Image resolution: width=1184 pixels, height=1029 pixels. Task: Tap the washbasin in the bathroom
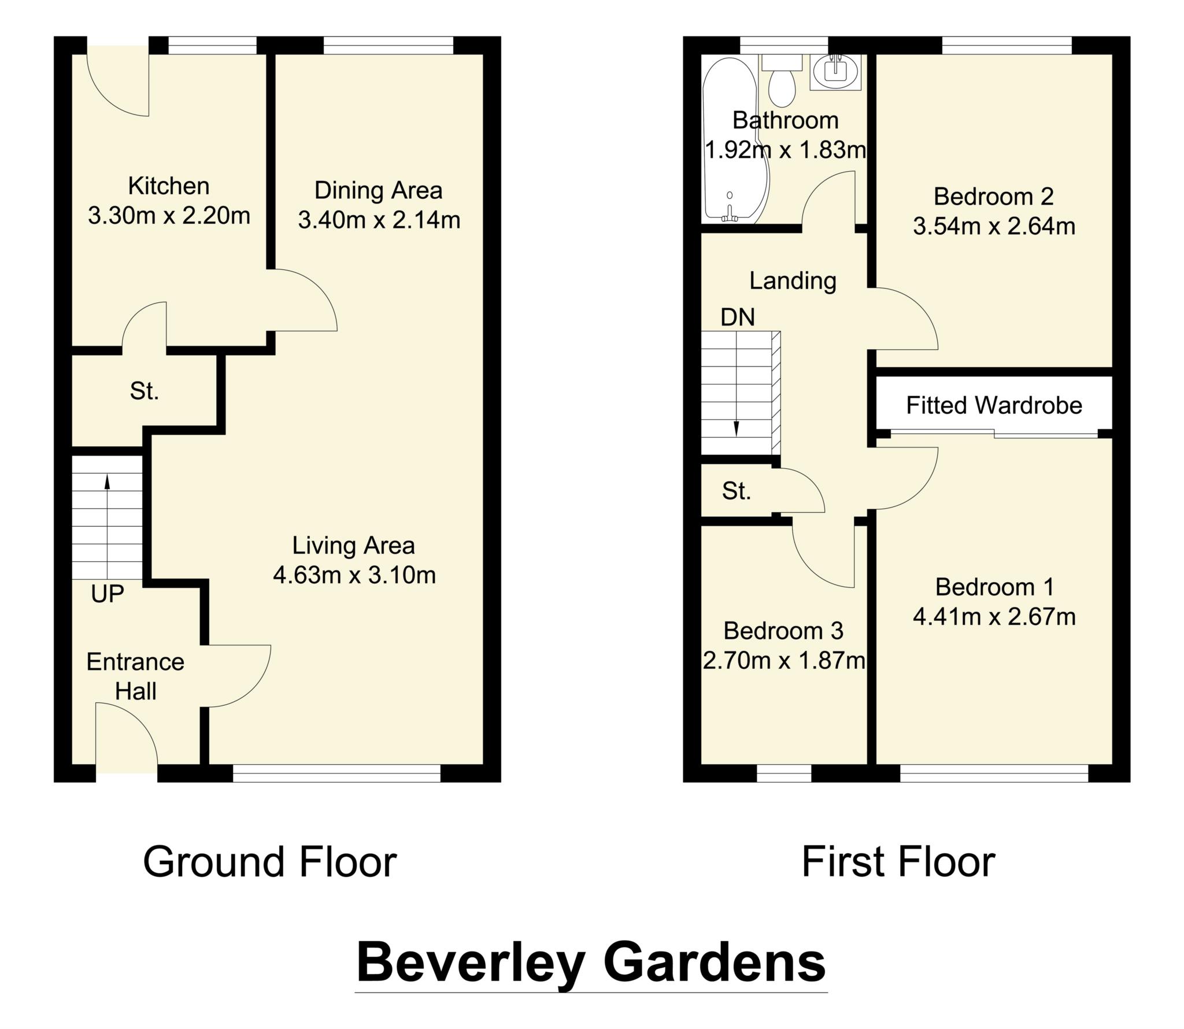click(x=835, y=72)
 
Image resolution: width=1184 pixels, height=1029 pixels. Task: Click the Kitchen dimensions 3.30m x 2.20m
click(x=169, y=216)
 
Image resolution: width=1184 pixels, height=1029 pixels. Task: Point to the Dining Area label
click(x=378, y=190)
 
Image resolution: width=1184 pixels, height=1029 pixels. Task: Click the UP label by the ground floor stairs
click(x=108, y=594)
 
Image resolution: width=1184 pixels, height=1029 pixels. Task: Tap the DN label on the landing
click(x=738, y=317)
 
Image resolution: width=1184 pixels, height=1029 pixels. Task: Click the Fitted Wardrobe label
click(x=994, y=405)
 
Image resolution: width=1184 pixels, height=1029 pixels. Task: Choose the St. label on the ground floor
click(x=144, y=391)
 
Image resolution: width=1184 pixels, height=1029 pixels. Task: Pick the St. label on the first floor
click(x=736, y=491)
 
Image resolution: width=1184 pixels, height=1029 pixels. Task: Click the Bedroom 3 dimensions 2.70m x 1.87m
click(x=783, y=660)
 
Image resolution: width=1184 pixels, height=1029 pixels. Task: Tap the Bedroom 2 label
click(x=993, y=197)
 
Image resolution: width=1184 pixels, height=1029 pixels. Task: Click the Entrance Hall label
click(x=135, y=676)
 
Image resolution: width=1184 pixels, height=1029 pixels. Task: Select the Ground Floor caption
click(x=269, y=862)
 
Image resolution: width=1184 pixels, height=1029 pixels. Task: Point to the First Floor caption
click(x=898, y=862)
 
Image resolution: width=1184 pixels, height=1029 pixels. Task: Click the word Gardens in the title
click(x=715, y=963)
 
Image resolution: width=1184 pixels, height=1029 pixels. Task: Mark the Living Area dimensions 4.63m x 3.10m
click(x=354, y=575)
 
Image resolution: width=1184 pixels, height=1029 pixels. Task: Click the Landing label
click(x=793, y=280)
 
